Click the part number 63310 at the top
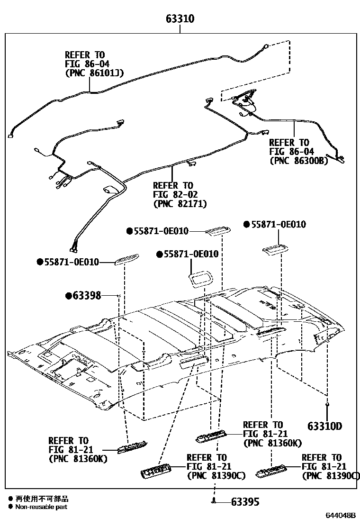(x=180, y=19)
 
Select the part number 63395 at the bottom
(x=245, y=501)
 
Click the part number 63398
(x=87, y=296)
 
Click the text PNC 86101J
(x=94, y=73)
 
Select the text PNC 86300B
(x=298, y=160)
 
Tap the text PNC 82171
(x=180, y=203)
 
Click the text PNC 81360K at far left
(x=78, y=458)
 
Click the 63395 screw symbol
(x=214, y=500)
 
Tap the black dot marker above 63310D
(x=327, y=404)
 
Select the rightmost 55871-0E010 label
(x=278, y=224)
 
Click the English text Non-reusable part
(x=41, y=507)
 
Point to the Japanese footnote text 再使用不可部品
(x=42, y=499)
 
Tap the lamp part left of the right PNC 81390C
(x=270, y=472)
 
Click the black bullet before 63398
(x=68, y=296)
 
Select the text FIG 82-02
(x=175, y=194)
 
